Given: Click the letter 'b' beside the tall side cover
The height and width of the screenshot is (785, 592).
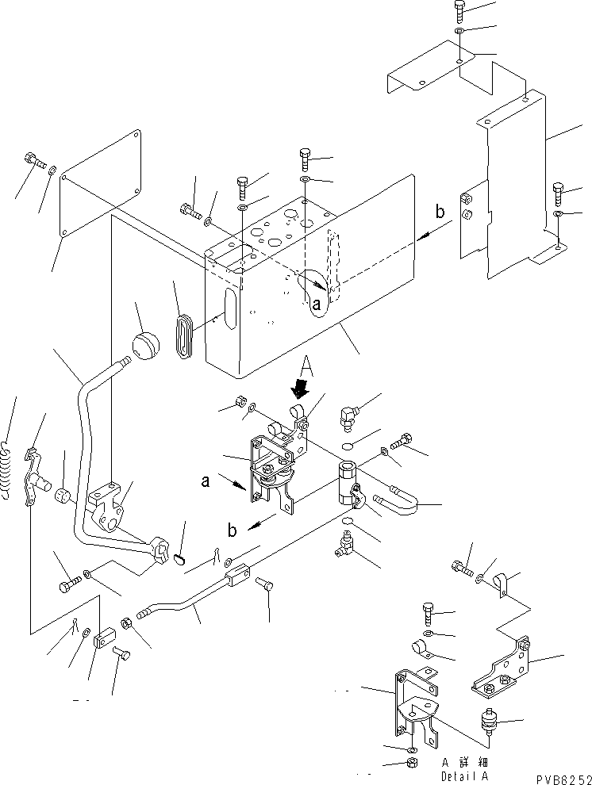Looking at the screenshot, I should click(439, 213).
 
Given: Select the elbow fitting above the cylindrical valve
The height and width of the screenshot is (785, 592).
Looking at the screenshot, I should click(349, 413).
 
